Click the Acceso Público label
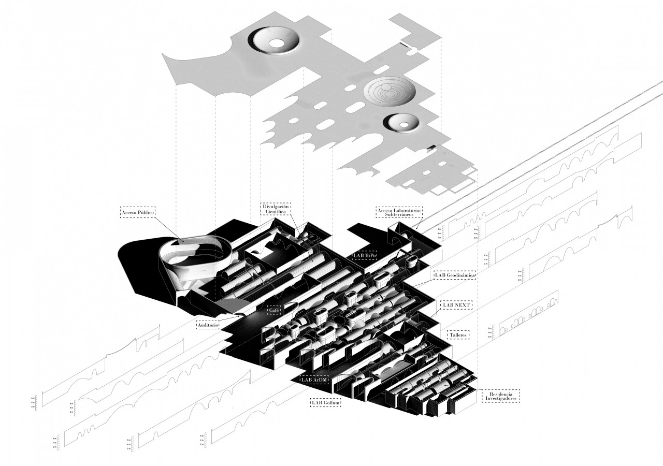[138, 212]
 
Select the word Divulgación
[276, 207]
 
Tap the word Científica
[276, 212]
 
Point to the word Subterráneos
[399, 214]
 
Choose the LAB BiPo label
[366, 255]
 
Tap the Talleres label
[458, 335]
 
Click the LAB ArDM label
[314, 380]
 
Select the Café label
[273, 310]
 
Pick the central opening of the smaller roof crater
[401, 123]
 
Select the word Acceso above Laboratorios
[386, 210]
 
